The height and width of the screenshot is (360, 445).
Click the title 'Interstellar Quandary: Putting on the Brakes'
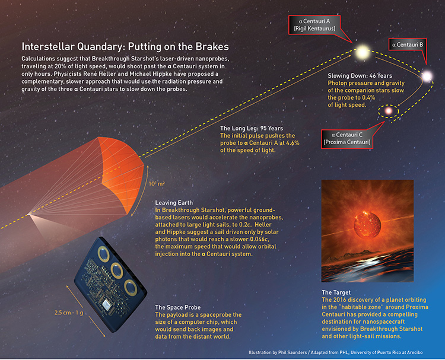125,46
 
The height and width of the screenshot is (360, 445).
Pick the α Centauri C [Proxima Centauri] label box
346,139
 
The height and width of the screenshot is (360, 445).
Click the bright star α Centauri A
360,52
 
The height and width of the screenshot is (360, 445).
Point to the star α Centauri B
426,76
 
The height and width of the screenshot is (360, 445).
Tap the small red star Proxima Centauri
389,110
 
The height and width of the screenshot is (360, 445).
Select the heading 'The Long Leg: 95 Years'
252,129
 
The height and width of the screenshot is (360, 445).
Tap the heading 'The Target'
336,293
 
